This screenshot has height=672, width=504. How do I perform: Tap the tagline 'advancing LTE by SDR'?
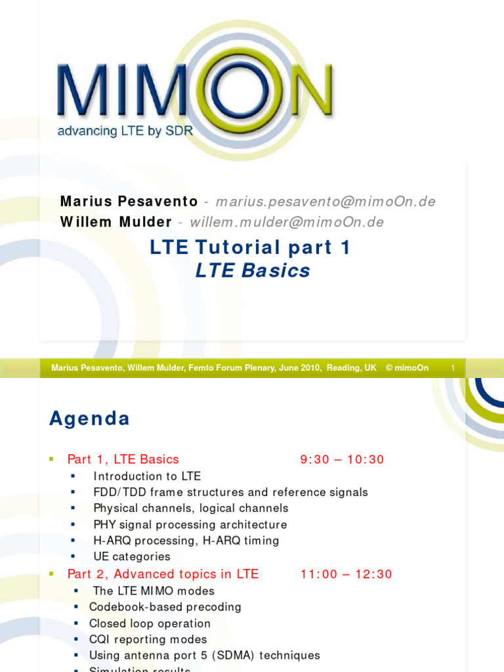point(125,131)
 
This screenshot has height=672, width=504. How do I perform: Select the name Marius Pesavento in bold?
point(129,201)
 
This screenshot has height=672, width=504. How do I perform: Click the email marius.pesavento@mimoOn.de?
point(325,201)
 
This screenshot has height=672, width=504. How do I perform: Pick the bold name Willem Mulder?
point(116,222)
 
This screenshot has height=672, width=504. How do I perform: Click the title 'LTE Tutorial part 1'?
point(251,247)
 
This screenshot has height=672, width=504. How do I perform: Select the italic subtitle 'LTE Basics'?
point(253,270)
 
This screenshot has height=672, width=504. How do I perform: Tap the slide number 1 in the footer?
point(453,368)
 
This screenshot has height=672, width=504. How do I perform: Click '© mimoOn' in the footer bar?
point(407,368)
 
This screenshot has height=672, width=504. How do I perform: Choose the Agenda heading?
point(89,419)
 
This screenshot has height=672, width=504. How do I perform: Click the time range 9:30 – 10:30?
point(342,459)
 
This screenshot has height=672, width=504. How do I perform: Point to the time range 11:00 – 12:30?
point(346,574)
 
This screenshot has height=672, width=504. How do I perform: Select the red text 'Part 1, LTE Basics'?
point(123,459)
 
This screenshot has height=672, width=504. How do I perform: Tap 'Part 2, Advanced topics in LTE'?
point(163,574)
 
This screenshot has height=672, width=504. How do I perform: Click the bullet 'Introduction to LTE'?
point(147,476)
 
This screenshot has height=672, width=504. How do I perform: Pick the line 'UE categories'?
point(132,556)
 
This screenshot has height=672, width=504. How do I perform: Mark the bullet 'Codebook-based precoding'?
point(165,607)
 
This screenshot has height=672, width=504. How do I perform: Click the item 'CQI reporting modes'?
point(148,639)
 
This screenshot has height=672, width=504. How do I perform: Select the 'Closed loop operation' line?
point(150,623)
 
